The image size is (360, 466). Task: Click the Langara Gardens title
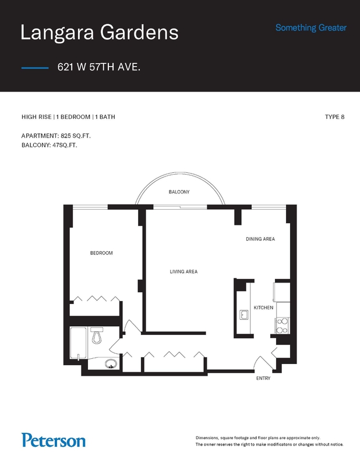[99, 33]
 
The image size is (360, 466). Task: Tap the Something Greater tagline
[311, 28]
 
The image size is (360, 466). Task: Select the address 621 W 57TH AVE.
[99, 67]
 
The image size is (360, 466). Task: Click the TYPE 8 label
[335, 117]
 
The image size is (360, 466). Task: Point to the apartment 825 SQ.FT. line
[56, 136]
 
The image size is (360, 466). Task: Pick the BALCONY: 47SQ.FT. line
[49, 145]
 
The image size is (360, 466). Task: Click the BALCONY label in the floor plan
[179, 192]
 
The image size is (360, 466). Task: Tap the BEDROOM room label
[101, 253]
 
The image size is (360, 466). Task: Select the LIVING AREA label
[183, 271]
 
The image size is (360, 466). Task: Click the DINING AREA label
[260, 239]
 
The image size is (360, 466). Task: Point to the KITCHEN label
[263, 308]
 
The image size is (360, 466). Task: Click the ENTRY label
[263, 378]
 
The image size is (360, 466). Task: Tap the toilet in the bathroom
[97, 336]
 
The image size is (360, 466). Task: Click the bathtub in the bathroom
[79, 344]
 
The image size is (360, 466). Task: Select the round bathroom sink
[111, 363]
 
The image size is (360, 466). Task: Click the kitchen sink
[244, 315]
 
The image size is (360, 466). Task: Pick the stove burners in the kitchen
[282, 326]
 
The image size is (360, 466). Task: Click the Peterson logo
[54, 440]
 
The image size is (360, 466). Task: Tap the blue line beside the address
[35, 68]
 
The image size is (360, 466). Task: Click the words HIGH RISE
[36, 117]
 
